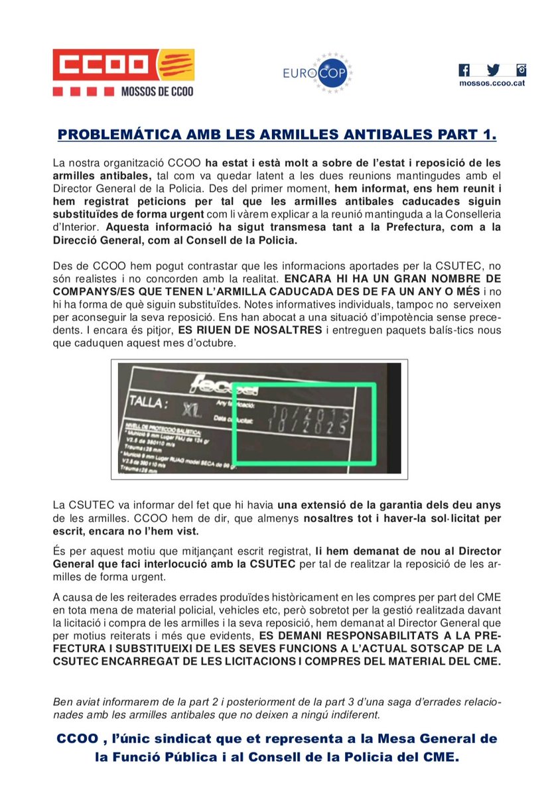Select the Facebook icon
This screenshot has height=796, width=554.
[x=464, y=70]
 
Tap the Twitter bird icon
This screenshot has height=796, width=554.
[x=493, y=70]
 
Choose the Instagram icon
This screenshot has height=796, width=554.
[x=521, y=70]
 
